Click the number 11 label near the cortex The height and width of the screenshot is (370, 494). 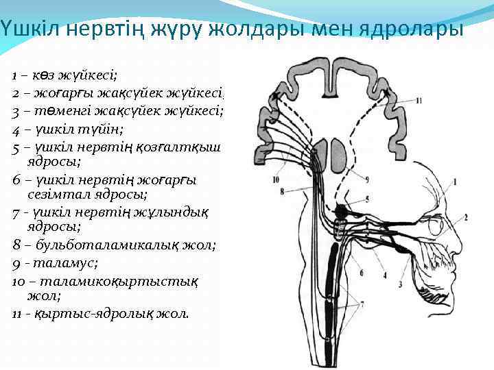[x=419, y=100]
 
